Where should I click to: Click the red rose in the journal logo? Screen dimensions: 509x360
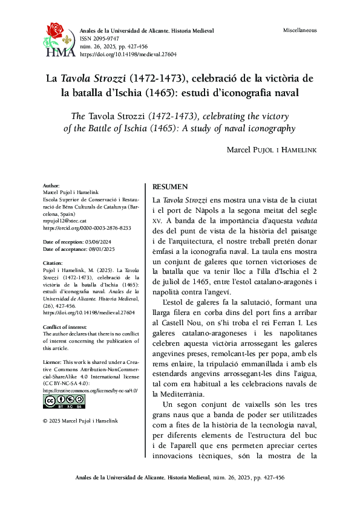pyautogui.click(x=56, y=30)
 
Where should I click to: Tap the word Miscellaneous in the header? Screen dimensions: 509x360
pyautogui.click(x=299, y=30)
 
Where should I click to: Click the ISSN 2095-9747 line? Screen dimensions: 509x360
pyautogui.click(x=100, y=37)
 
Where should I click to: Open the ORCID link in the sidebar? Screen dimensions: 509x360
pyautogui.click(x=87, y=229)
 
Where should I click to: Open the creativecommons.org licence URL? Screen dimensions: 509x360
pyautogui.click(x=90, y=391)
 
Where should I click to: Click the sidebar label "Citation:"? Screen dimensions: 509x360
pyautogui.click(x=53, y=264)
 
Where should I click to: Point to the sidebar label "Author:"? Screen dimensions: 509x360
pyautogui.click(x=51, y=186)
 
